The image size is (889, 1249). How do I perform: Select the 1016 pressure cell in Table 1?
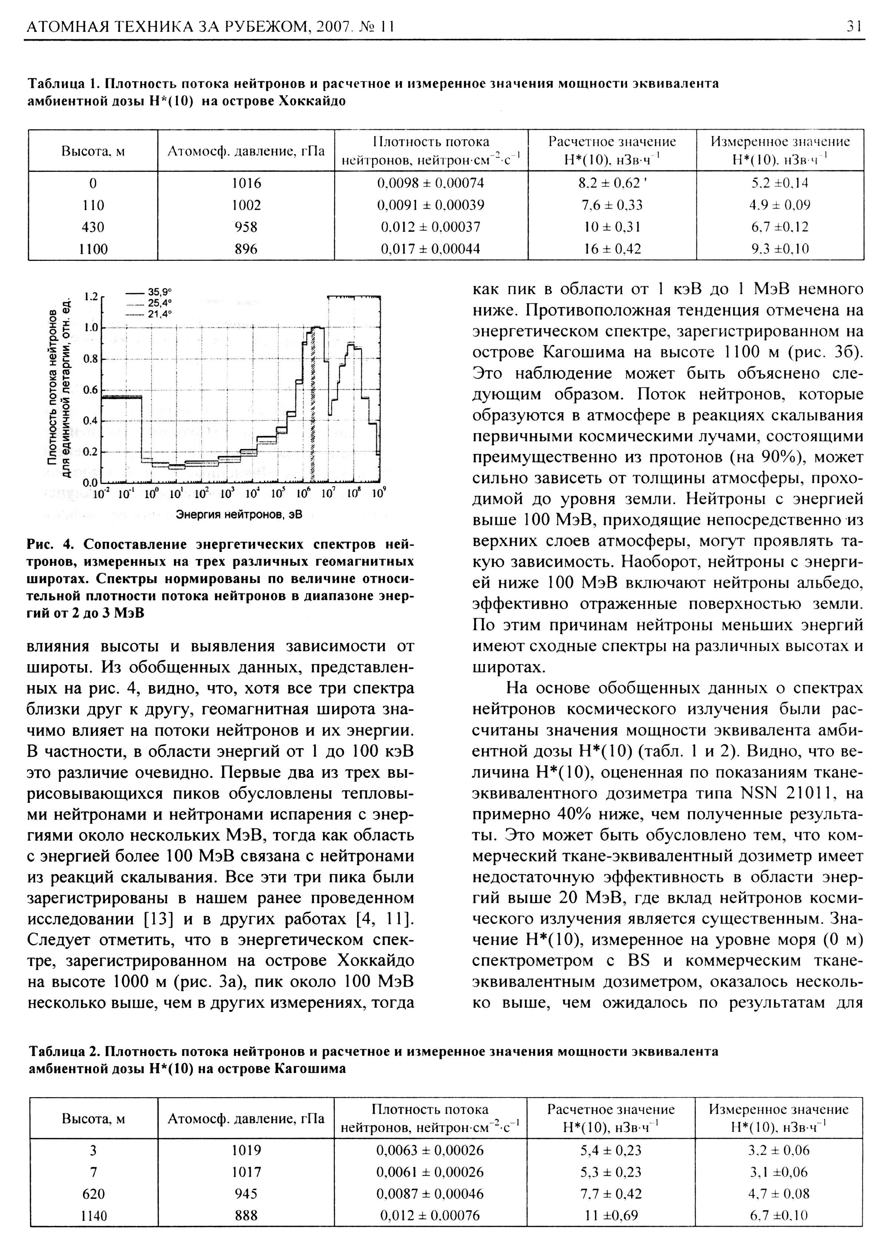[246, 183]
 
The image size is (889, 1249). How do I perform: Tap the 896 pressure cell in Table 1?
[246, 249]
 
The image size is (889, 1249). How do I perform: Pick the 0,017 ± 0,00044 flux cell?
[430, 249]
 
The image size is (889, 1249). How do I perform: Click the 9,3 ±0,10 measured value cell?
[780, 249]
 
